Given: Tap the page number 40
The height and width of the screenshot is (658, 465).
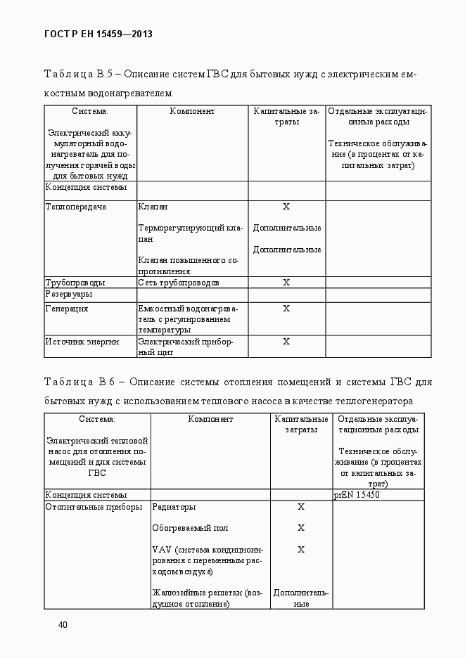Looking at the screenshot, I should (63, 624).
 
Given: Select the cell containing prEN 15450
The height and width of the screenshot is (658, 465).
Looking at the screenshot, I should (357, 495).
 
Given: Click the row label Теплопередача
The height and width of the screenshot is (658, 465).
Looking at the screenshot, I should (76, 207).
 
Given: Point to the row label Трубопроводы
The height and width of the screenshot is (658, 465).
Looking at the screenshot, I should (75, 283).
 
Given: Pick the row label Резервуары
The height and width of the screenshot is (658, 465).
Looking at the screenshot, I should (69, 294).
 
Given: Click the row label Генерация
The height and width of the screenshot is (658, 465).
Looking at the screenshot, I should (67, 309).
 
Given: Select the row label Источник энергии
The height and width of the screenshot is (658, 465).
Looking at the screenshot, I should (82, 342).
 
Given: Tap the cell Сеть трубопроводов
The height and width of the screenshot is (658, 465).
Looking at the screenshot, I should (179, 283).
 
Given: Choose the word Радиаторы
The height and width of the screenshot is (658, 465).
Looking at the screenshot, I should (174, 507).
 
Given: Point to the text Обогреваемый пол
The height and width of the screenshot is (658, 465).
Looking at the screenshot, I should (190, 528).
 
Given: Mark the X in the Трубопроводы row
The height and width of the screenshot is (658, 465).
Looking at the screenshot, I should (286, 283).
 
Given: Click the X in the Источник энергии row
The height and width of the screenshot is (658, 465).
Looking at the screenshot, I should (286, 342).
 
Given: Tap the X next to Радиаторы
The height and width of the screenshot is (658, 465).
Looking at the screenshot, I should (301, 507).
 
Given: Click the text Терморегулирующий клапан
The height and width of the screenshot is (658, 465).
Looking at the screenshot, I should (190, 233).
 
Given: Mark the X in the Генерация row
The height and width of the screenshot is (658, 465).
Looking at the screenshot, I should (286, 309).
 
